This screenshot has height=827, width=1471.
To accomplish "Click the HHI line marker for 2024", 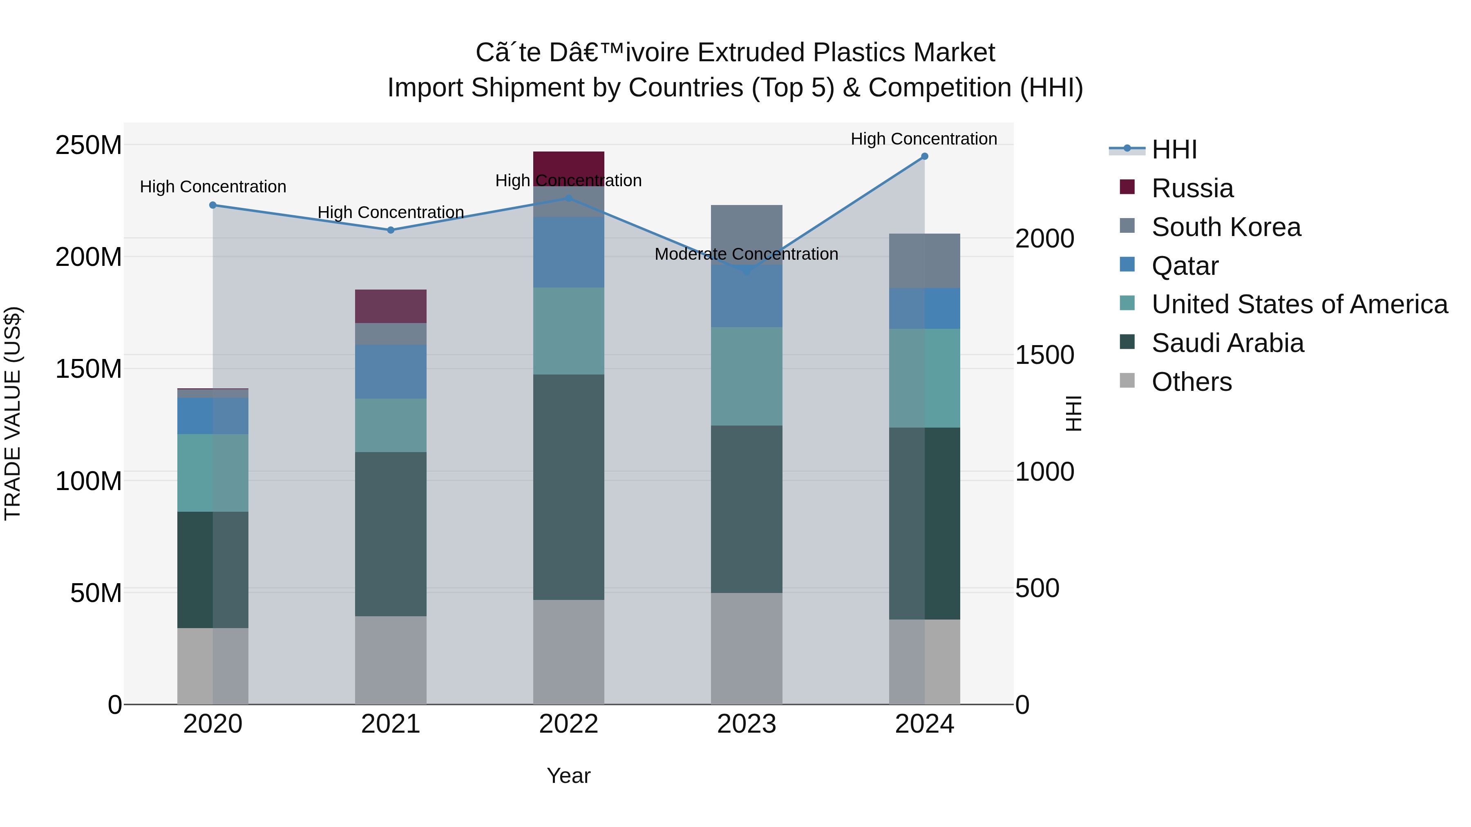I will pyautogui.click(x=925, y=156).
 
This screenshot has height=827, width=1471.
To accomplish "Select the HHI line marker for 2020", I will pyautogui.click(x=213, y=205).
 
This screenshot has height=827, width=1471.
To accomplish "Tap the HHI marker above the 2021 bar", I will pyautogui.click(x=391, y=230).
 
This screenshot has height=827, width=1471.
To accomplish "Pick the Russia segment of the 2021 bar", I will pyautogui.click(x=391, y=306).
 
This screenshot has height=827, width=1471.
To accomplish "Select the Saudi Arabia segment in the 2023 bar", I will pyautogui.click(x=747, y=509).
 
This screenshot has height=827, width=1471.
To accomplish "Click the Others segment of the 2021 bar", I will pyautogui.click(x=391, y=660).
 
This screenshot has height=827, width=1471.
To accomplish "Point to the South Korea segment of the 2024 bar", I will pyautogui.click(x=925, y=261).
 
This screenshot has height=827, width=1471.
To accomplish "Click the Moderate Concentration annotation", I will pyautogui.click(x=747, y=254).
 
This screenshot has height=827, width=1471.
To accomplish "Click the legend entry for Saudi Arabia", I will pyautogui.click(x=1228, y=343).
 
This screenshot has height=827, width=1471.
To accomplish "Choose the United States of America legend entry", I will pyautogui.click(x=1299, y=304).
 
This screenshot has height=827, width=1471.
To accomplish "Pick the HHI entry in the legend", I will pyautogui.click(x=1174, y=149).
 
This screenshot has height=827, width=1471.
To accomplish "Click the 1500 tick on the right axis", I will pyautogui.click(x=1044, y=355).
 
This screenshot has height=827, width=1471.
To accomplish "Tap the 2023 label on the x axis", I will pyautogui.click(x=747, y=724).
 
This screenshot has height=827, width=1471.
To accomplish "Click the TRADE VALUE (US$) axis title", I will pyautogui.click(x=13, y=413).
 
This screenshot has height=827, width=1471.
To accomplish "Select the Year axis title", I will pyautogui.click(x=568, y=776).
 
